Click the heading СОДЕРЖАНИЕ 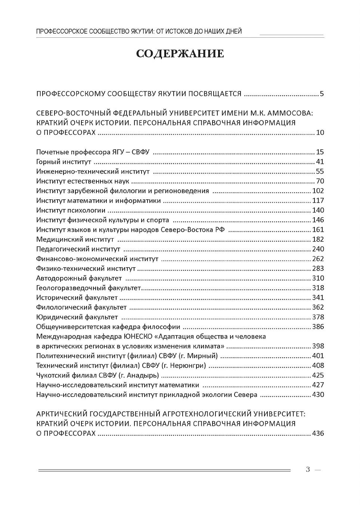[180, 54]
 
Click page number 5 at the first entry [322, 94]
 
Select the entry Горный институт [64, 162]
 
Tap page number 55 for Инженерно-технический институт [320, 171]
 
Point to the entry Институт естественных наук [83, 181]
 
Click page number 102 [318, 191]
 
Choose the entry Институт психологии [71, 210]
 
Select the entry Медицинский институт [75, 239]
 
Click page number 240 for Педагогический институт [318, 249]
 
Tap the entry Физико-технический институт [86, 268]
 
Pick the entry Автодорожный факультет [79, 278]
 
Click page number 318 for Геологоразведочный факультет [318, 288]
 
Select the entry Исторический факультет [77, 297]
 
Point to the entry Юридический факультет [77, 317]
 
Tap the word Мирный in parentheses [204, 356]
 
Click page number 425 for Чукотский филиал [318, 375]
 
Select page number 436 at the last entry [318, 433]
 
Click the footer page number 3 [308, 470]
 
